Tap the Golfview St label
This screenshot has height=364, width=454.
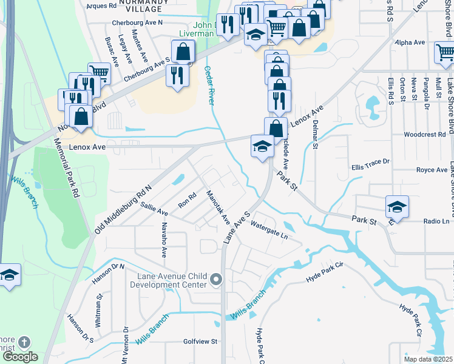(200, 342)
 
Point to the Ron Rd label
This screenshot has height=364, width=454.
(188, 200)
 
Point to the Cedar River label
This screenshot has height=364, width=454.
(211, 85)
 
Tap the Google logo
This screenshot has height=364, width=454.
(20, 357)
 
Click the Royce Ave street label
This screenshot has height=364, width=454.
(432, 170)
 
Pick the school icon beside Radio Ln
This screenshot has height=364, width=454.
(397, 207)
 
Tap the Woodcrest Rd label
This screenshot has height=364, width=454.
(425, 134)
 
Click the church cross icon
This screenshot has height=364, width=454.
(24, 343)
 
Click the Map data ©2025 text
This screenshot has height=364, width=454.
(427, 359)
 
